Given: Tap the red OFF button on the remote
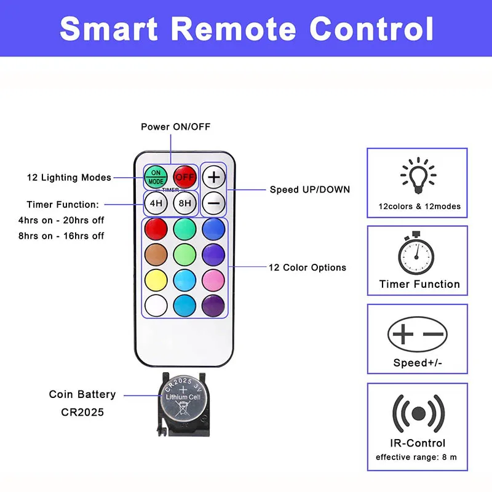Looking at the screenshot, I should [x=184, y=177].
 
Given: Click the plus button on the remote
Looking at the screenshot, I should [x=213, y=177].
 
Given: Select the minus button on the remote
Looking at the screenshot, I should [x=213, y=202].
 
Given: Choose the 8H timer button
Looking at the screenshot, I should [x=184, y=202].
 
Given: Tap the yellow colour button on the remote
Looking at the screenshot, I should [x=156, y=280].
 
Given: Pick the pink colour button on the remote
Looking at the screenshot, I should [x=213, y=280].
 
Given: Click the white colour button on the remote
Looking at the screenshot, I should [x=156, y=305].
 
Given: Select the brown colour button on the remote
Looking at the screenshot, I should [x=156, y=254].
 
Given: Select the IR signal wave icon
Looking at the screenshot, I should [x=418, y=412].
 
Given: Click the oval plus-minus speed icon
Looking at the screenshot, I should [x=418, y=334].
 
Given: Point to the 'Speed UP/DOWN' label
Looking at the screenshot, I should [x=310, y=189].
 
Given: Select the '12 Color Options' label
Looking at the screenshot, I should [x=307, y=268].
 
